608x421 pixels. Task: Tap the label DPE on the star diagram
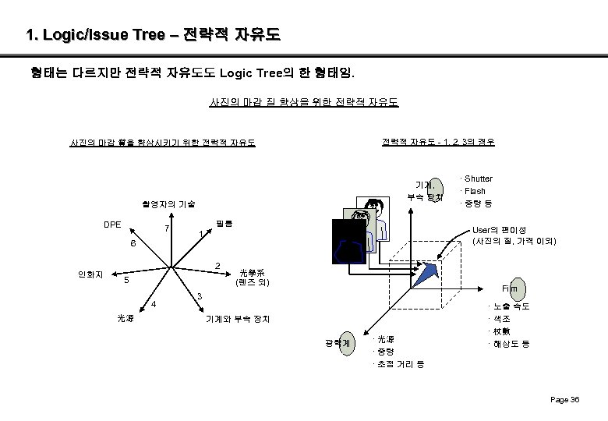tap(112, 224)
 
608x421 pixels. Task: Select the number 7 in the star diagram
tap(166, 229)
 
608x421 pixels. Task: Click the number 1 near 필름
tap(201, 234)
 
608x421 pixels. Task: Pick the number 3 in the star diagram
tap(200, 297)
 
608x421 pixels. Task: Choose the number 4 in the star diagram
tap(154, 303)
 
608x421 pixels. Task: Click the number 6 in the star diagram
tap(133, 244)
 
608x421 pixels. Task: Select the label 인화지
tap(87, 274)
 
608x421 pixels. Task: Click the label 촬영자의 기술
tap(168, 203)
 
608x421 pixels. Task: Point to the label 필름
tap(224, 224)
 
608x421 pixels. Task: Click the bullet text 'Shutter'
tap(477, 179)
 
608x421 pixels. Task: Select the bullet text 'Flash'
tap(474, 191)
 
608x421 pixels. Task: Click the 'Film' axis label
tap(510, 288)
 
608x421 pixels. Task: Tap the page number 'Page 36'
tap(565, 400)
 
